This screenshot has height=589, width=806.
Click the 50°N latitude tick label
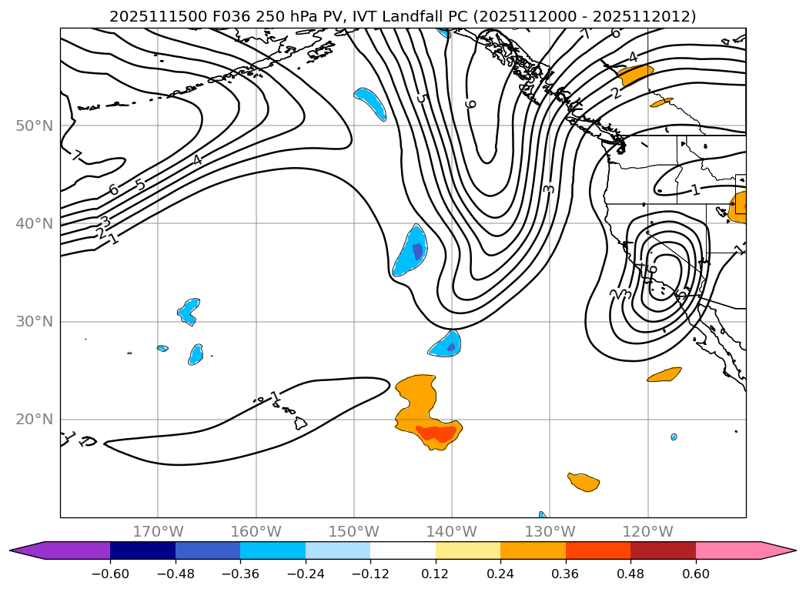[x=34, y=125]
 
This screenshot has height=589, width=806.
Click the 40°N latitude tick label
[x=34, y=223]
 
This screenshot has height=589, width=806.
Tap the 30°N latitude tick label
[x=34, y=321]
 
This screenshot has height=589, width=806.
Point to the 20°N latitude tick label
[x=34, y=419]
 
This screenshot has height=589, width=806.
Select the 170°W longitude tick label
[x=158, y=531]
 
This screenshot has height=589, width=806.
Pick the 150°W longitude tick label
[x=354, y=531]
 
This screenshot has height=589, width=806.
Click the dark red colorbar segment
[x=663, y=550]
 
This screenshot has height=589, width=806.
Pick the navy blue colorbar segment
[x=142, y=550]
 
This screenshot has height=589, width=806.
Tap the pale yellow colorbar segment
[x=468, y=550]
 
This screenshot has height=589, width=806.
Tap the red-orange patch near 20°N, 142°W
[x=436, y=433]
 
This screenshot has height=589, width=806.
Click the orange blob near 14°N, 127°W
[x=584, y=482]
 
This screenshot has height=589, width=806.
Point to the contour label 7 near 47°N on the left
[x=77, y=156]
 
